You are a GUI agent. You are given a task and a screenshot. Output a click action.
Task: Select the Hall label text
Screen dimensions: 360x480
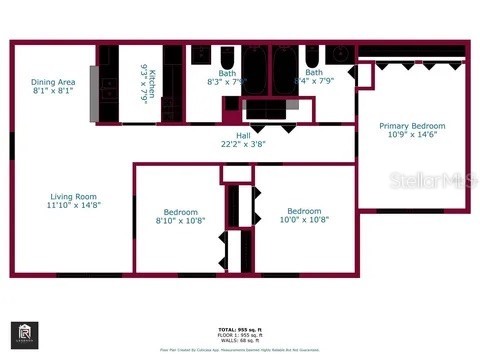coord(242,135)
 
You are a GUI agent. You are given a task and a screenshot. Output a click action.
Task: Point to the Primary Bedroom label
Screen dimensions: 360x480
coord(411,126)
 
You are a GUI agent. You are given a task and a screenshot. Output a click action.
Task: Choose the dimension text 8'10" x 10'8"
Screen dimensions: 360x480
coord(181,221)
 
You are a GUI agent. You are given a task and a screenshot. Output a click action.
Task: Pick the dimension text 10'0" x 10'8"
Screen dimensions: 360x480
coord(304,220)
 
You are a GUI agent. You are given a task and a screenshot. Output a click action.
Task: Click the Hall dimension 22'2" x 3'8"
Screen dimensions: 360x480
coord(242,144)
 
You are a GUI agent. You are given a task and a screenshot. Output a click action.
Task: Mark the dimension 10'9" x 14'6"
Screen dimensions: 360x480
coord(411,135)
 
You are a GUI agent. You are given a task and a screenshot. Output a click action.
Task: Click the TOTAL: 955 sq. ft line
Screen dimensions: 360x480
coord(240,328)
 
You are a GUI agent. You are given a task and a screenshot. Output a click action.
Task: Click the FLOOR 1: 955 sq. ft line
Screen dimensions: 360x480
coord(240,333)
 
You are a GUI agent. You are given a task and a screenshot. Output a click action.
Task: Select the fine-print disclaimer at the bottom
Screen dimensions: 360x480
coord(240,349)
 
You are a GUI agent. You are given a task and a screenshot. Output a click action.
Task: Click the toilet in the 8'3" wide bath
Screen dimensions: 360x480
coord(227,56)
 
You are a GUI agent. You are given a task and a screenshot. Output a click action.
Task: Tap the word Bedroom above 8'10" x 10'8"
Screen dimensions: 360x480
coord(181,212)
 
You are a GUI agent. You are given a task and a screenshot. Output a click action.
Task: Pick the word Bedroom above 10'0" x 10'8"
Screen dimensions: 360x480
coord(304,211)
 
